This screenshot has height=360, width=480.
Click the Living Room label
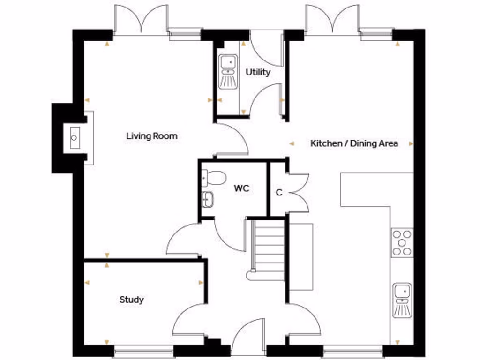pyautogui.click(x=151, y=136)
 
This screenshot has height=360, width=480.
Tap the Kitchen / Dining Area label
pyautogui.click(x=354, y=143)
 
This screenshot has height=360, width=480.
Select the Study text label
pyautogui.click(x=131, y=300)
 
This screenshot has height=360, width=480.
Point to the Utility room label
pyautogui.click(x=258, y=72)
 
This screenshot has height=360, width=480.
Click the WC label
pyautogui.click(x=241, y=189)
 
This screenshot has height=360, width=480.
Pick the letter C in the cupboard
pyautogui.click(x=278, y=193)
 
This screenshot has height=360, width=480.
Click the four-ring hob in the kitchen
pyautogui.click(x=402, y=242)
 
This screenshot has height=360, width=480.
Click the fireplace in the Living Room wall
pyautogui.click(x=75, y=138)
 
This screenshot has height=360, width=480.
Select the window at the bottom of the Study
pyautogui.click(x=143, y=349)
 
